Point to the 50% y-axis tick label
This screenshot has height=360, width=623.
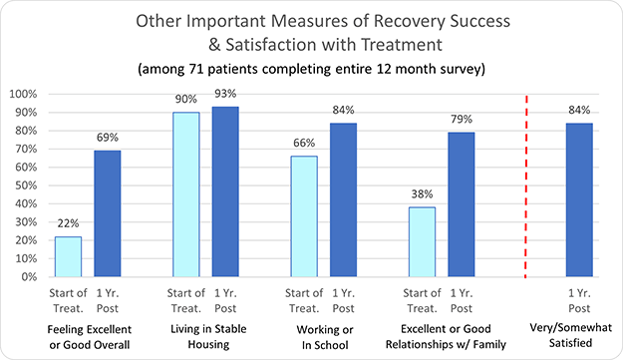pos(25,185)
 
